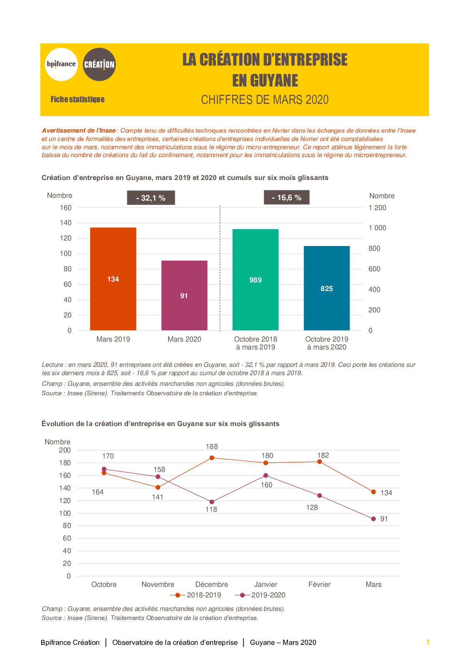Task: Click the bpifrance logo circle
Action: point(61,64)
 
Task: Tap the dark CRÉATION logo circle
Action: point(99,64)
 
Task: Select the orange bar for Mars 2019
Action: point(113,279)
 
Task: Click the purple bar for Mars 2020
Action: point(184,295)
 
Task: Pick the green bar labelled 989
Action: point(255,280)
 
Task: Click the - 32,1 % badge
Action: point(151,198)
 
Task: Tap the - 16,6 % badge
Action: point(287,197)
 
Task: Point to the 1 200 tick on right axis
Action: point(377,208)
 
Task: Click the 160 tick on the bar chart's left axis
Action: point(66,208)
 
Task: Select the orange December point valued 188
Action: point(212,458)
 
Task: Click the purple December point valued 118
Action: point(212,502)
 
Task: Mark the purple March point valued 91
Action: point(373,518)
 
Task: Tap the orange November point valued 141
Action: point(158,487)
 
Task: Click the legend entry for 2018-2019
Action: point(195,595)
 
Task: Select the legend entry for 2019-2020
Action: point(260,595)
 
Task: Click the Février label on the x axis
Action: point(320,584)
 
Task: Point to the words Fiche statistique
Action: point(77,99)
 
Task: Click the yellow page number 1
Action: point(428,642)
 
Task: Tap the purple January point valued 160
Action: point(266,475)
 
